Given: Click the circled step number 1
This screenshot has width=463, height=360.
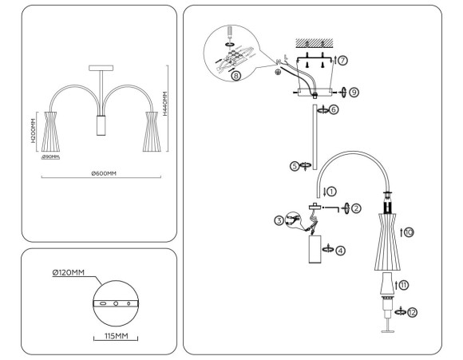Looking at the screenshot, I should (331, 191).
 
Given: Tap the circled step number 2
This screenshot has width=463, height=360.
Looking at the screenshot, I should (356, 208).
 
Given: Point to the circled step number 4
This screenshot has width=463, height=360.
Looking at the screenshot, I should (341, 250).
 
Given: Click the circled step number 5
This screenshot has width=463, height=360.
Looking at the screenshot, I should (295, 166).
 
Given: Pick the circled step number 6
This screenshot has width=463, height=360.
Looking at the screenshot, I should (334, 109).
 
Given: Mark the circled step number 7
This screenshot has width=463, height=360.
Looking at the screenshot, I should (343, 60).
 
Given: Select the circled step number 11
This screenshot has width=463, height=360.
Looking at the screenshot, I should (403, 283).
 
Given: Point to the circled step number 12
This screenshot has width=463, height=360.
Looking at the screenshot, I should (413, 312).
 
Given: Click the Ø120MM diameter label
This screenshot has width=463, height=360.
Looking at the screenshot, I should (69, 273).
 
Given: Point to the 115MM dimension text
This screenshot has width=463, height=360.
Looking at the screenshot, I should (116, 336).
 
